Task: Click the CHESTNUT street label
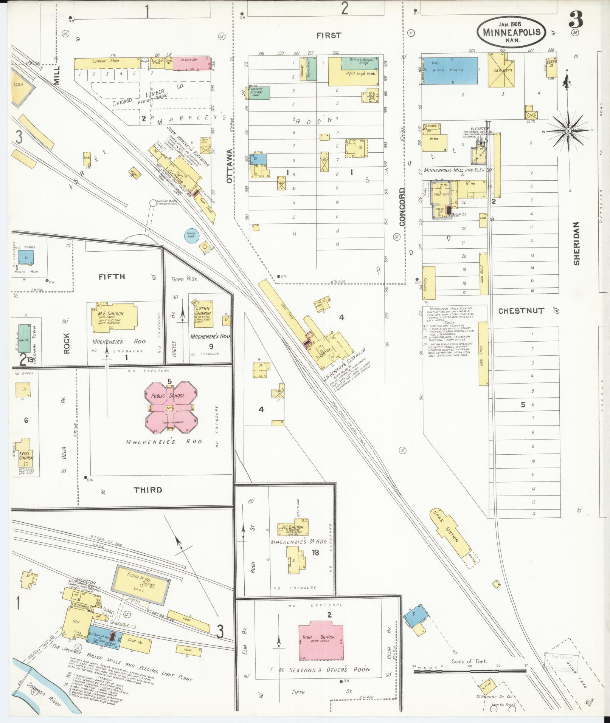point(521,311)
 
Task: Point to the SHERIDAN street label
point(576,243)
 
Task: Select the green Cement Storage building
point(259,93)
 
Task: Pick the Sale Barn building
point(502,70)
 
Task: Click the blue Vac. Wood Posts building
point(449,71)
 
